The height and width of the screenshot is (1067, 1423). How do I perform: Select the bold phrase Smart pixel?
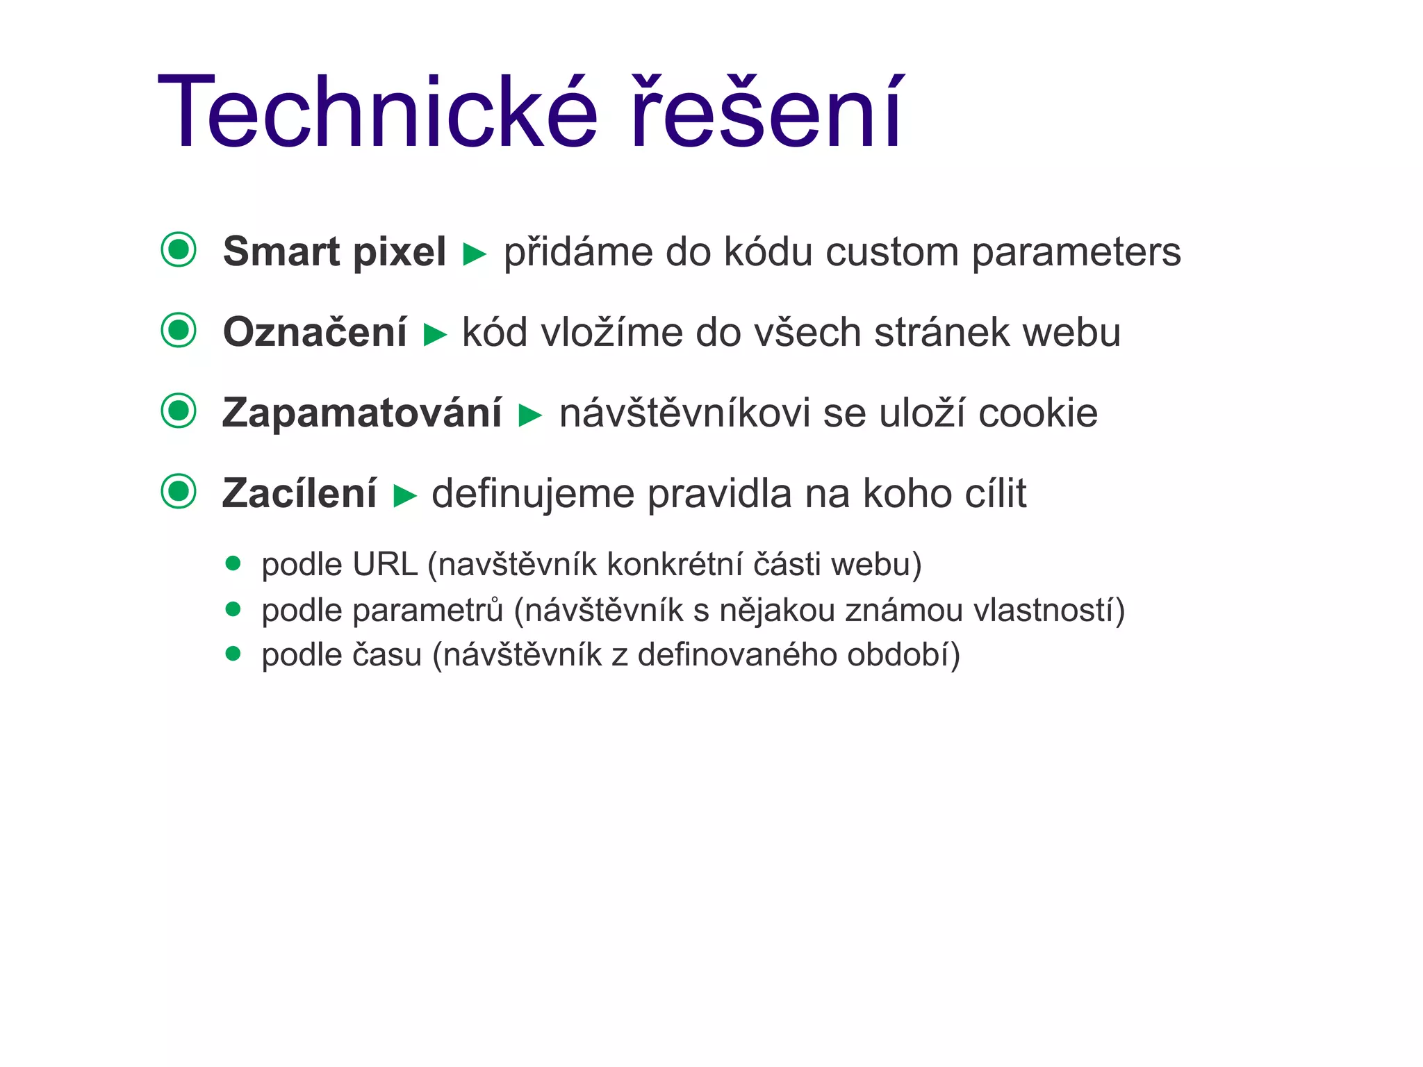334,251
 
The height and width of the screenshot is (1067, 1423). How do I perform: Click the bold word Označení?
315,332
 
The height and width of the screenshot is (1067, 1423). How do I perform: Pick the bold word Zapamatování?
362,413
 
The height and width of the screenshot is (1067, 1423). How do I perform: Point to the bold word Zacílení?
299,493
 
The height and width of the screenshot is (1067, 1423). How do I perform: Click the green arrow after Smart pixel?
475,254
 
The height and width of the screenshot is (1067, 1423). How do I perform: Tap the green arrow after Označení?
435,335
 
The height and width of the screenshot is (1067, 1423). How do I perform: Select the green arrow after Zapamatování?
530,415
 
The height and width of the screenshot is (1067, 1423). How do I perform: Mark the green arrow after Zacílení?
404,496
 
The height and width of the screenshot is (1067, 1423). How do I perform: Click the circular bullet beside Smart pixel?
179,249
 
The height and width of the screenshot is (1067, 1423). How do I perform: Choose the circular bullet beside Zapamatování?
179,411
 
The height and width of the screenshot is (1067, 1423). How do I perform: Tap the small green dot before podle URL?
233,563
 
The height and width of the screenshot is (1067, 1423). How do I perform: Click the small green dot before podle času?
233,654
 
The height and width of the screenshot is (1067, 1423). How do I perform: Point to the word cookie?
1038,413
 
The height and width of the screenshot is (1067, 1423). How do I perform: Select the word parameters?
1076,251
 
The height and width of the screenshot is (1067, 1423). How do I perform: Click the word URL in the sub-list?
385,564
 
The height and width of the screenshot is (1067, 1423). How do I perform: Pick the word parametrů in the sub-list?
428,611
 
